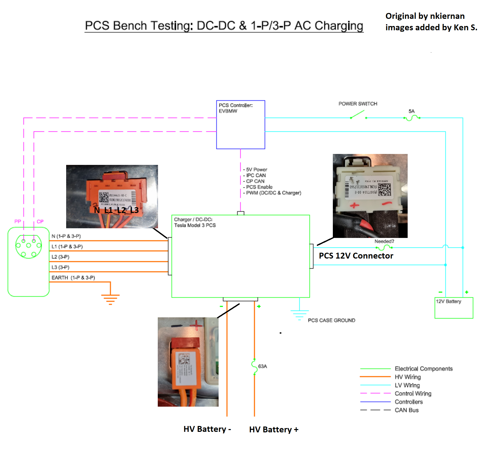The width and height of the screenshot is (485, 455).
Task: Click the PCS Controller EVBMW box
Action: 240,124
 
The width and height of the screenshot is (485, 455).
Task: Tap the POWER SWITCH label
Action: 358,104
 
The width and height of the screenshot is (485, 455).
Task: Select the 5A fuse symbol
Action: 412,118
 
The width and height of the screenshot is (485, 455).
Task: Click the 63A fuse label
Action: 262,366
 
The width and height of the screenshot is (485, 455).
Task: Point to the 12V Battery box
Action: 453,308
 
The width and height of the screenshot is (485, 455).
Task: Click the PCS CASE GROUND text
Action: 331,320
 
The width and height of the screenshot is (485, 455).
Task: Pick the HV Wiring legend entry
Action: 408,377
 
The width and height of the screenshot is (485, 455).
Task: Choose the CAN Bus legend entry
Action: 406,410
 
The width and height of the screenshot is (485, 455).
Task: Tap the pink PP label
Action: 18,221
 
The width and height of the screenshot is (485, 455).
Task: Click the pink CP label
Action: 40,221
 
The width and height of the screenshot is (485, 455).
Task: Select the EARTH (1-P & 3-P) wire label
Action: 73,278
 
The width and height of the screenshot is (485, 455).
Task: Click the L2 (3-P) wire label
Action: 60,257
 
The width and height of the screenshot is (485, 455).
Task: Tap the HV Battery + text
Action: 274,430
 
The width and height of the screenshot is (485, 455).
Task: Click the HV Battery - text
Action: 207,429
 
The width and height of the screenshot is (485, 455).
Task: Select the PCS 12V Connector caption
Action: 356,255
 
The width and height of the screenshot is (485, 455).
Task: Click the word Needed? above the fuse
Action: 384,241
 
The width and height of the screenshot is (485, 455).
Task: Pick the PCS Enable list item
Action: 259,187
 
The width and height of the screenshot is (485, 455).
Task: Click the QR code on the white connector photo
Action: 384,190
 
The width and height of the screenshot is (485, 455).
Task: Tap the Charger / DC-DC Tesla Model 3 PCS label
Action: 195,222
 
